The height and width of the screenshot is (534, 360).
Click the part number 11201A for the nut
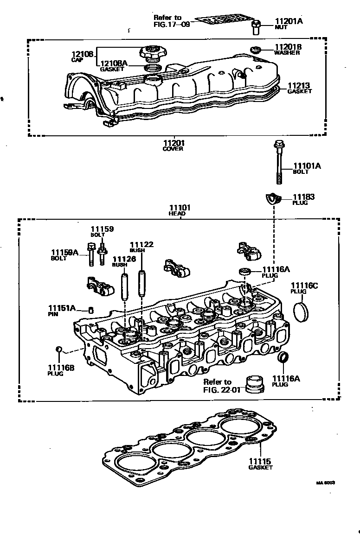tap(288, 21)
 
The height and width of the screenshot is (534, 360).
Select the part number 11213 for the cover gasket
tap(299, 86)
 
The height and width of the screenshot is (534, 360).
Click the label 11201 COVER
tap(173, 146)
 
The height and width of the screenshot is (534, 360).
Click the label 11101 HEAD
tap(180, 210)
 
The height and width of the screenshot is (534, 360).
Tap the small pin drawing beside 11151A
tap(91, 310)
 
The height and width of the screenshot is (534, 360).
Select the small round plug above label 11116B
tap(59, 349)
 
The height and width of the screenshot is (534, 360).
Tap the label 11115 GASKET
tap(260, 464)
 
